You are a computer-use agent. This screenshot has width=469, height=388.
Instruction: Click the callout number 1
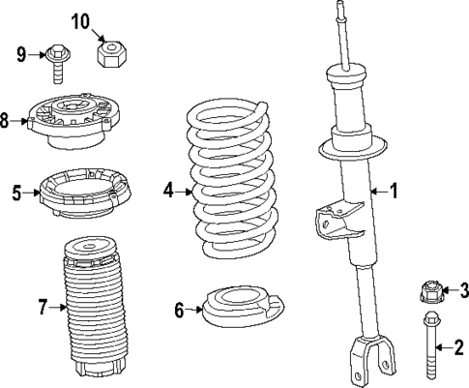click(x=394, y=191)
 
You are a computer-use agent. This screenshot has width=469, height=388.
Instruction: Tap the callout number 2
click(x=458, y=344)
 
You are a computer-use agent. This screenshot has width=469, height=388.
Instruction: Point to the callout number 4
click(x=169, y=191)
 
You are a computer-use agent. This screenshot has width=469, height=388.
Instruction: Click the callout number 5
click(x=16, y=192)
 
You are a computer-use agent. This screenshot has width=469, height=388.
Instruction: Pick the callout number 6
click(x=179, y=311)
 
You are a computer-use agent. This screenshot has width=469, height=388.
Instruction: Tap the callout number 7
click(x=43, y=309)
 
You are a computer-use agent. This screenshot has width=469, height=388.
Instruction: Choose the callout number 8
click(x=6, y=121)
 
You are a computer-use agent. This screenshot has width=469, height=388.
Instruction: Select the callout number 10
click(x=80, y=20)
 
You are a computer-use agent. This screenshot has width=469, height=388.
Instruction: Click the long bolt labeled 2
click(x=428, y=348)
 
